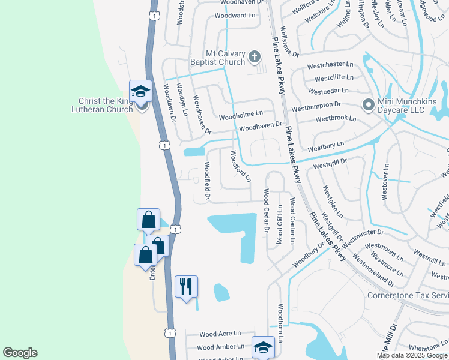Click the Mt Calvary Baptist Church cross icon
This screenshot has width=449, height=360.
tap(254, 58)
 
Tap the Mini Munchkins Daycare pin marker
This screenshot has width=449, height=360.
tap(368, 106)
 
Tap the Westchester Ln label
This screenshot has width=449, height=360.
tap(330, 64)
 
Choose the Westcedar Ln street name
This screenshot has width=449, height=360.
tap(328, 91)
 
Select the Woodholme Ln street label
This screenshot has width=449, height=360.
tap(241, 113)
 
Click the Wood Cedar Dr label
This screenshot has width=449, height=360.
tap(265, 209)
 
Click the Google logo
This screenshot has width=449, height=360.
tap(20, 353)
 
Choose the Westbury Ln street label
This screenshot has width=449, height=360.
tap(325, 146)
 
